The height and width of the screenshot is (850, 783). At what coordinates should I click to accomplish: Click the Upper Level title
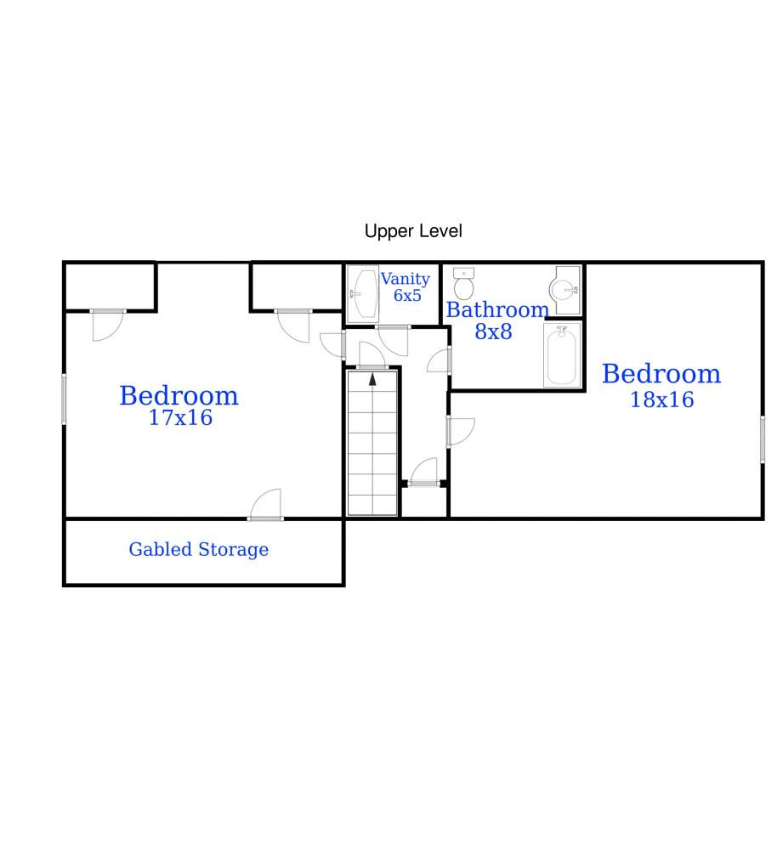(x=413, y=231)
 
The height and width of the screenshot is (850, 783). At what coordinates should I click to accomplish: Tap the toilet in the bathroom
(x=463, y=284)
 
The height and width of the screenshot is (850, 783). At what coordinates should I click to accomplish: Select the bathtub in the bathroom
(x=562, y=355)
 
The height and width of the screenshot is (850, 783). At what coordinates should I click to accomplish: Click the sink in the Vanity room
(x=363, y=292)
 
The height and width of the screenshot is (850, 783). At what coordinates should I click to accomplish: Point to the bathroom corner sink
(x=565, y=290)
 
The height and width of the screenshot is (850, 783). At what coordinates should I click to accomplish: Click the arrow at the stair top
(x=372, y=379)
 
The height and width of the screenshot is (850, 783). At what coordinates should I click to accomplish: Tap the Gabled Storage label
(x=198, y=549)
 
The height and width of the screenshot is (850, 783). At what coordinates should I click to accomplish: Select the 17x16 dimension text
(x=180, y=417)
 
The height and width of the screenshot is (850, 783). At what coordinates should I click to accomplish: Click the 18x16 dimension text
(x=661, y=399)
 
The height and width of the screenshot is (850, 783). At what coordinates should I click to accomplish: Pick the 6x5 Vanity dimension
(x=407, y=296)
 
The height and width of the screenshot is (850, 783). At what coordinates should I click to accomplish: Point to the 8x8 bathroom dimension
(x=493, y=331)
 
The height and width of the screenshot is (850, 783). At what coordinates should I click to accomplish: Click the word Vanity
(x=405, y=279)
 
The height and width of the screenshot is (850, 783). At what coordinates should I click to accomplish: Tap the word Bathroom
(x=497, y=310)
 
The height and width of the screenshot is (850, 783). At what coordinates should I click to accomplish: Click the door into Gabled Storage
(x=266, y=505)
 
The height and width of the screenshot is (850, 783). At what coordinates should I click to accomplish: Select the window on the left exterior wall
(x=64, y=399)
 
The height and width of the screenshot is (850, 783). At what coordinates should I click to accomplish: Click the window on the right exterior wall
(x=763, y=439)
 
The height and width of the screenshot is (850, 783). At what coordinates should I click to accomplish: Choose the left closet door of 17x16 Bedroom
(x=108, y=325)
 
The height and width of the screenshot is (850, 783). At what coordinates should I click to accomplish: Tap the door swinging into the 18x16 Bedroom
(x=461, y=432)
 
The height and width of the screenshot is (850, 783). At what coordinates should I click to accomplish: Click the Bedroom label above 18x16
(x=661, y=374)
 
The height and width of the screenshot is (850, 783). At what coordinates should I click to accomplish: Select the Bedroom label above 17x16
(x=179, y=396)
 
